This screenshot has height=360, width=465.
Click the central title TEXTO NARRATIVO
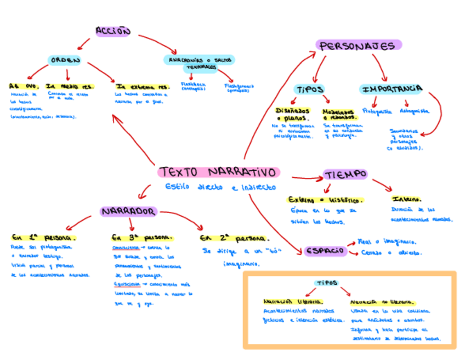click(x=218, y=172)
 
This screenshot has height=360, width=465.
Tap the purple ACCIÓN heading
click(x=113, y=31)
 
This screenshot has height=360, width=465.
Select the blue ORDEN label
click(x=65, y=60)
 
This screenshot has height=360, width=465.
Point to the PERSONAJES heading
click(x=359, y=46)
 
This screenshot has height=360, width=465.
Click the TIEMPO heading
click(x=345, y=175)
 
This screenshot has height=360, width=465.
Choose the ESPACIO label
click(x=326, y=251)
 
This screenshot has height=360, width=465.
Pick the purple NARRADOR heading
click(x=129, y=211)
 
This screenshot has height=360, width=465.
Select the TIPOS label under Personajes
click(x=310, y=89)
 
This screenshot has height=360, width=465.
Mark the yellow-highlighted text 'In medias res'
click(x=70, y=86)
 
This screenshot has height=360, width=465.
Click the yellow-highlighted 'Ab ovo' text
click(x=24, y=86)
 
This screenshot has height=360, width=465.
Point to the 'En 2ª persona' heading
click(x=235, y=239)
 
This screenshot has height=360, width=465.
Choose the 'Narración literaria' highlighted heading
click(x=293, y=301)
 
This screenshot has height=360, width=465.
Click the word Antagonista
click(x=414, y=111)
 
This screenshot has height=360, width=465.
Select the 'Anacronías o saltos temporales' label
click(x=201, y=62)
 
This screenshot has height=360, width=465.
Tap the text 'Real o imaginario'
click(x=386, y=241)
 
